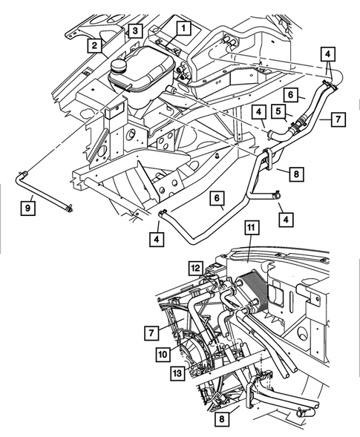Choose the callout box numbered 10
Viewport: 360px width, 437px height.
(162, 355)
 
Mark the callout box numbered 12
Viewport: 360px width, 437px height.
(195, 268)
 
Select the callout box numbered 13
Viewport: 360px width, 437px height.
(177, 372)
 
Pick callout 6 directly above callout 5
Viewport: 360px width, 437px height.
(292, 95)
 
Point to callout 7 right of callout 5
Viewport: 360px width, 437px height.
(338, 119)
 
